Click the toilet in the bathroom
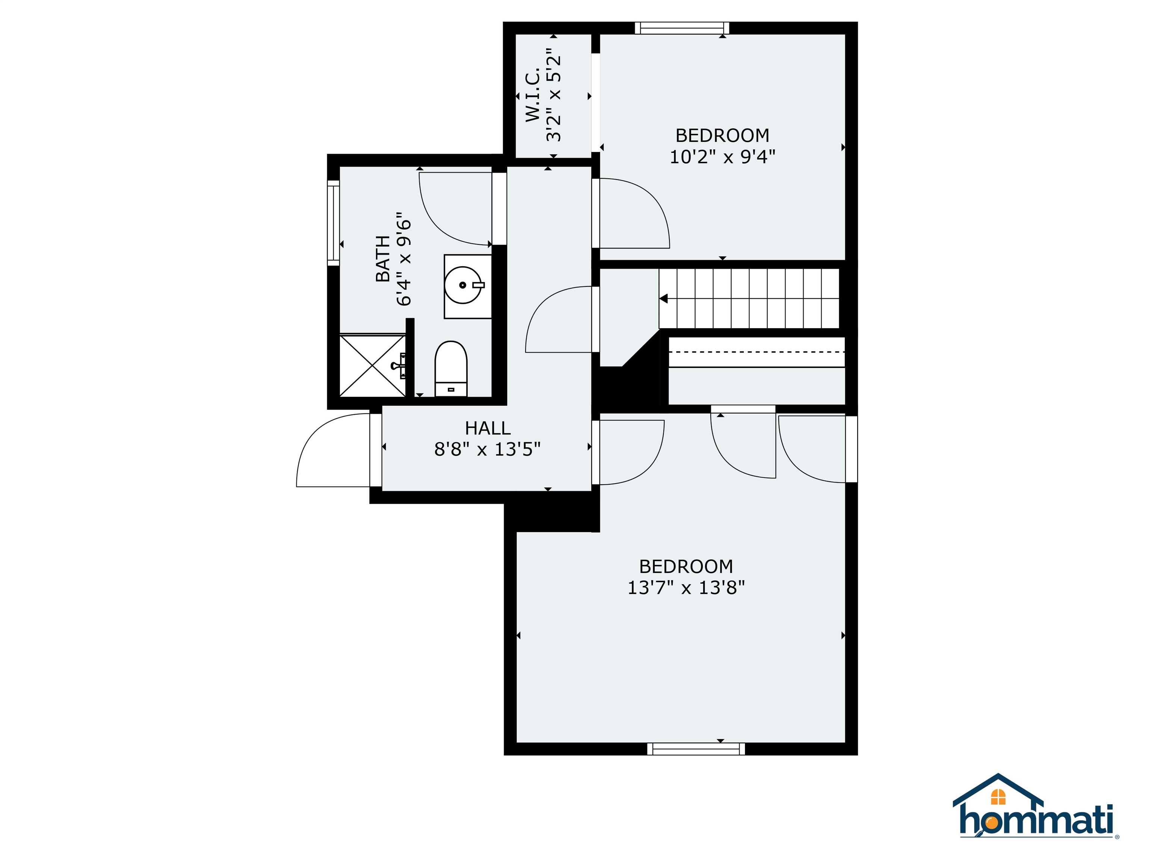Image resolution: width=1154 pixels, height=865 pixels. (451, 369)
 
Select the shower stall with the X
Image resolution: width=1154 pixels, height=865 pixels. (373, 366)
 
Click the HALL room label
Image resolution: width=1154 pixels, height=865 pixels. (487, 428)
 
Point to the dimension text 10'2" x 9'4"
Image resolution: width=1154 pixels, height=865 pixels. (722, 157)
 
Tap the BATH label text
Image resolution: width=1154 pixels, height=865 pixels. (384, 259)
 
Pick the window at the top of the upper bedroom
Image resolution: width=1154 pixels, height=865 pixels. (681, 28)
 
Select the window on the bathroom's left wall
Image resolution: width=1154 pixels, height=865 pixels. (333, 223)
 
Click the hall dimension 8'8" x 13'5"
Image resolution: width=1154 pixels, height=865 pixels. (487, 449)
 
